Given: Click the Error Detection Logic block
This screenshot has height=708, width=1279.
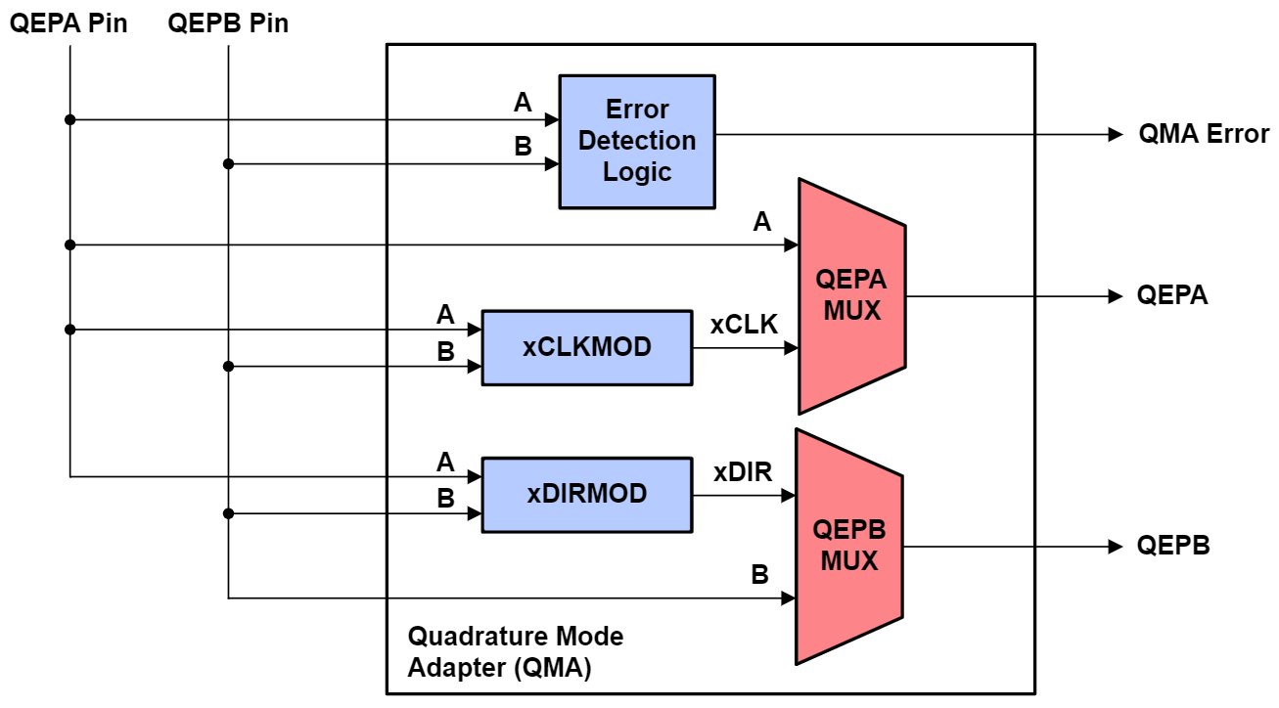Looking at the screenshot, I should [636, 141].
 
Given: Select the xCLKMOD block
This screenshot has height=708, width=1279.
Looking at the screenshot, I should [586, 347].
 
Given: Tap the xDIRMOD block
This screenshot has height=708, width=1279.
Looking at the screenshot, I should [586, 495].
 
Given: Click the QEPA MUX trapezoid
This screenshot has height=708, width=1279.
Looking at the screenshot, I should [851, 295].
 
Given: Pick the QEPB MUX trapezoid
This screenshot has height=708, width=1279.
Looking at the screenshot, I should [848, 546].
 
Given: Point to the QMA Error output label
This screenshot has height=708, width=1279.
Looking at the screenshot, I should [1204, 134].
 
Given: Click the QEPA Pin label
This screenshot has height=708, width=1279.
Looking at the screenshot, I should [69, 23].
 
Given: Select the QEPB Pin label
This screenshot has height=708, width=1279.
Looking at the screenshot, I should [228, 23].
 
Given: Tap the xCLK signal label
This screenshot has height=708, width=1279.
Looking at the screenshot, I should [744, 325].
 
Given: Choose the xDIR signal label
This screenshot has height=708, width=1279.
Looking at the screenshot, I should [743, 473].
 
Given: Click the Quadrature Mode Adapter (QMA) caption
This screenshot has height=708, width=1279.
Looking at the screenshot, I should [515, 652].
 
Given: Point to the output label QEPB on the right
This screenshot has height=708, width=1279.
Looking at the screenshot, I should [1173, 546].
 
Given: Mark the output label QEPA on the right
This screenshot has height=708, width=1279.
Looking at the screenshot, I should [1172, 295].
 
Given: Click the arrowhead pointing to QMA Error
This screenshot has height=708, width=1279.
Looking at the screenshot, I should [1116, 135].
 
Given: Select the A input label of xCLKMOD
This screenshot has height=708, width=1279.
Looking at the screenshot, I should [445, 315].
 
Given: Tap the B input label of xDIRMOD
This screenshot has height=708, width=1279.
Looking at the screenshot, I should [445, 499].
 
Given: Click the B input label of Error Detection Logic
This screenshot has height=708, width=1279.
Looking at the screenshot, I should [524, 147].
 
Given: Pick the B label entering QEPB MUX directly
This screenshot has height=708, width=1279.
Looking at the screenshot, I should [759, 575].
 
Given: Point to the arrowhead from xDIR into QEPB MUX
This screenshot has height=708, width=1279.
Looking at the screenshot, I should [789, 496].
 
